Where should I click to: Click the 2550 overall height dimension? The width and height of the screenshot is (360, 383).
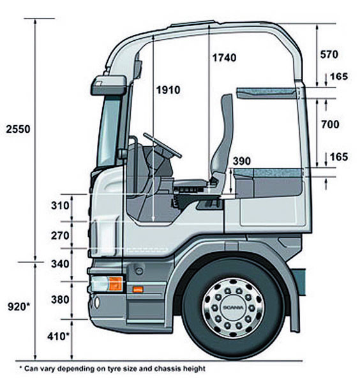(18, 129)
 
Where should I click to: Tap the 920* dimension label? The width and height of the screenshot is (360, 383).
(19, 306)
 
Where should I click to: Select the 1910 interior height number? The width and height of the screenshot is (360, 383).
(169, 90)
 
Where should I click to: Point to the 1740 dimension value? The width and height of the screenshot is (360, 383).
(224, 58)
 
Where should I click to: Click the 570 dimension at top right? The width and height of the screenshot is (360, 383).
(329, 54)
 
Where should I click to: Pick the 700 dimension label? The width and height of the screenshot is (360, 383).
(330, 124)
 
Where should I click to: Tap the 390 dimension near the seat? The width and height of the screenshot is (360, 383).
(241, 161)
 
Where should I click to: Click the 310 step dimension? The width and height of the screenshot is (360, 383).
(60, 206)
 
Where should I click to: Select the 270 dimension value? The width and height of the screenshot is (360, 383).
(60, 236)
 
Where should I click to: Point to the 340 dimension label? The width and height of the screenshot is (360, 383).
(60, 264)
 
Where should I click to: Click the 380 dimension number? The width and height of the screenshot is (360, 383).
(60, 300)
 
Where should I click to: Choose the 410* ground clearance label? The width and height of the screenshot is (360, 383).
(58, 336)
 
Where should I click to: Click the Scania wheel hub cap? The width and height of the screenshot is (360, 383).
(233, 308)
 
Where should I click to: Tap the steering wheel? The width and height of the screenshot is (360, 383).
(162, 146)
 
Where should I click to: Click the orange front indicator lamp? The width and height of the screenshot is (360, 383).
(116, 283)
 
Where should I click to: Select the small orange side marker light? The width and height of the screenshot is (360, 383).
(138, 290)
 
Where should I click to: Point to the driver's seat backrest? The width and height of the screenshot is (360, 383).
(223, 133)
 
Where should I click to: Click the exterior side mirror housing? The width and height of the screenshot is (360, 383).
(109, 86)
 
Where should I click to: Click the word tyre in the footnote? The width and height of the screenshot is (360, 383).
(114, 369)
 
